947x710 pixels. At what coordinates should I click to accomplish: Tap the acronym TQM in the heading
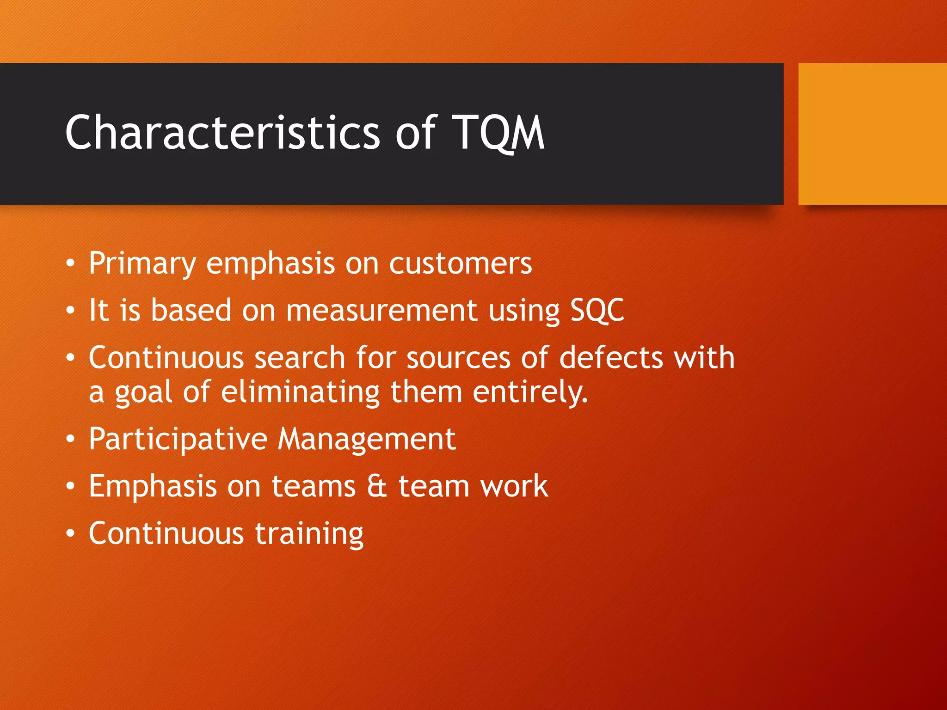498,133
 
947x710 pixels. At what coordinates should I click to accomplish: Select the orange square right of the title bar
872,134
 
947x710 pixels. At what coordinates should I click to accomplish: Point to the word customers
461,264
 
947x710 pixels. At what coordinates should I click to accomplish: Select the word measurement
381,310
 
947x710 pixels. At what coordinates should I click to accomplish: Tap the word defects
611,358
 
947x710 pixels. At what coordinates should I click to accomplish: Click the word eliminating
300,392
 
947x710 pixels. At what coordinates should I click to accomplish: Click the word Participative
178,439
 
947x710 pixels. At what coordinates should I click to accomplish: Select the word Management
367,439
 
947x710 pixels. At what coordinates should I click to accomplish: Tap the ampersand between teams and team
377,486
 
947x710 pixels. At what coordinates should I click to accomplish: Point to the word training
309,534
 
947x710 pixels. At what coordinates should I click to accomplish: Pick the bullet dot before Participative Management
70,439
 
